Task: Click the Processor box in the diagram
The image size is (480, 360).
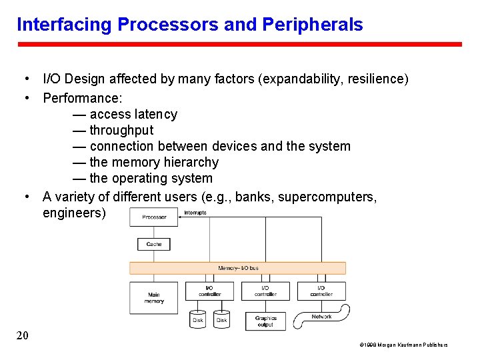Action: [154, 217]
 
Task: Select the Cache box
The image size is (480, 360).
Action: [154, 244]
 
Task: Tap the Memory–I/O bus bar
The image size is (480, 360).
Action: [238, 268]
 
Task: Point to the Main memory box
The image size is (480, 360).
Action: [154, 297]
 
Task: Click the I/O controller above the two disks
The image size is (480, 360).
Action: [210, 291]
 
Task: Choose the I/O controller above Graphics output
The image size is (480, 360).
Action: [265, 291]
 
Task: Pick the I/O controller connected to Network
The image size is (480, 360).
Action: [321, 291]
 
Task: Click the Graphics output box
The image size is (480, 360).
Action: [265, 321]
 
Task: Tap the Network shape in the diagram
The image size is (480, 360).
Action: [322, 317]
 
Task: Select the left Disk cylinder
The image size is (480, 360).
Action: [198, 320]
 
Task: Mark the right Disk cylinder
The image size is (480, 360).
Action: [221, 320]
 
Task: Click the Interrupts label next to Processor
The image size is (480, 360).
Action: [195, 213]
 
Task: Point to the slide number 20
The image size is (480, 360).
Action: [22, 335]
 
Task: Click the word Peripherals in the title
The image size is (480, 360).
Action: [313, 25]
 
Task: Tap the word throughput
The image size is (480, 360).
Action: [121, 130]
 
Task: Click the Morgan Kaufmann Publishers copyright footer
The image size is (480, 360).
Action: [404, 345]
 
